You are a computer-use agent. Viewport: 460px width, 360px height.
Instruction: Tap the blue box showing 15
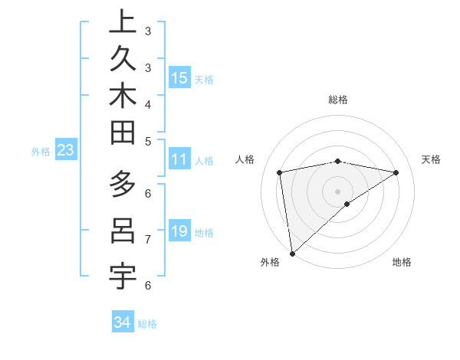point(179,78)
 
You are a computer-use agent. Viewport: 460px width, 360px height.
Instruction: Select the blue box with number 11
point(179,160)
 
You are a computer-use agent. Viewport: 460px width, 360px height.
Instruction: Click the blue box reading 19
point(179,231)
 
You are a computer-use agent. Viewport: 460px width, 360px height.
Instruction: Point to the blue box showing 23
point(65,151)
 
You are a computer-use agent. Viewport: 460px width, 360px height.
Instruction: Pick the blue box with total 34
point(123,322)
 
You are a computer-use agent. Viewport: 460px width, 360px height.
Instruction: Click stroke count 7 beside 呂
point(148,240)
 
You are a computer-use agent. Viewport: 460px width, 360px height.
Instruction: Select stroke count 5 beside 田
point(148,141)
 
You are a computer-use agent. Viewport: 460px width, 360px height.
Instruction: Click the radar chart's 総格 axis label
point(337,100)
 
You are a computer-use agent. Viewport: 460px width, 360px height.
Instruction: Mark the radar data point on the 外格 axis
point(292,253)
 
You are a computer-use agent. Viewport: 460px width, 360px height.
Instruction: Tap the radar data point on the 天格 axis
point(396,172)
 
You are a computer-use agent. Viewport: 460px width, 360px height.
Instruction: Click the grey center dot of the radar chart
point(337,191)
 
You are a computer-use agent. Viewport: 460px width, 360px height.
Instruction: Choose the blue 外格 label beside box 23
point(41,152)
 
